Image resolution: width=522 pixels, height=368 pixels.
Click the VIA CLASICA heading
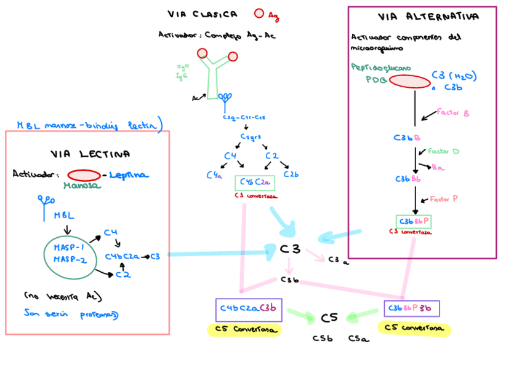[x=203, y=14]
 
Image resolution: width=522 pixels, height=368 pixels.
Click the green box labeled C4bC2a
[x=254, y=182]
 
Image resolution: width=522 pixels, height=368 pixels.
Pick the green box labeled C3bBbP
[x=413, y=221]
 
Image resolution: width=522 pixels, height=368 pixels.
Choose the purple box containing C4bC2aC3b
[x=249, y=309]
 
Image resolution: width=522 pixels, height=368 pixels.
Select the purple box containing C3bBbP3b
[x=411, y=308]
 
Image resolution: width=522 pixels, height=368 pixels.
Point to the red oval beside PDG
[x=409, y=81]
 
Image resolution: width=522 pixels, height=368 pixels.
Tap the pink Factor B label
[x=453, y=113]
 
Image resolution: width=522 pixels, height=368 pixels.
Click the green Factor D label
[x=443, y=151]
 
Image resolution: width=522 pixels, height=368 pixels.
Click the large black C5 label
[x=329, y=318]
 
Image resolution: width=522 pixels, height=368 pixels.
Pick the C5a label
[x=358, y=339]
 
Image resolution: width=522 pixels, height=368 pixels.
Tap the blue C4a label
[x=214, y=175]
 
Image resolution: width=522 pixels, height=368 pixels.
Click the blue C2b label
[x=291, y=175]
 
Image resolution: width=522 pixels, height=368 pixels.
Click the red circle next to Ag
[x=259, y=14]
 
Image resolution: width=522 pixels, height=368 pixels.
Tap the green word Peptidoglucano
[x=381, y=67]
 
